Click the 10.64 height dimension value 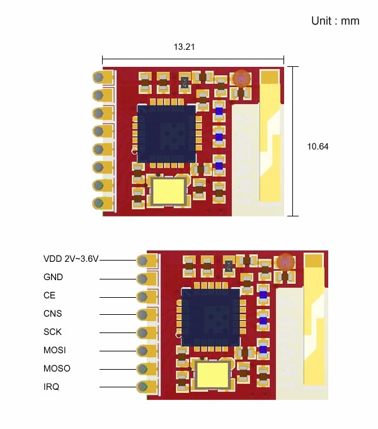318,146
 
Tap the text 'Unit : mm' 335,21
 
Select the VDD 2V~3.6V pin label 71,259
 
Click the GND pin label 53,277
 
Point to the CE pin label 49,295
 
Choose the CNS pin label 52,314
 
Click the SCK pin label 52,332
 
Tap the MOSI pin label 54,350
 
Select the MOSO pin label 57,368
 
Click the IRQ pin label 51,387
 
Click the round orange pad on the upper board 241,79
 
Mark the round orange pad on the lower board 285,262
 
